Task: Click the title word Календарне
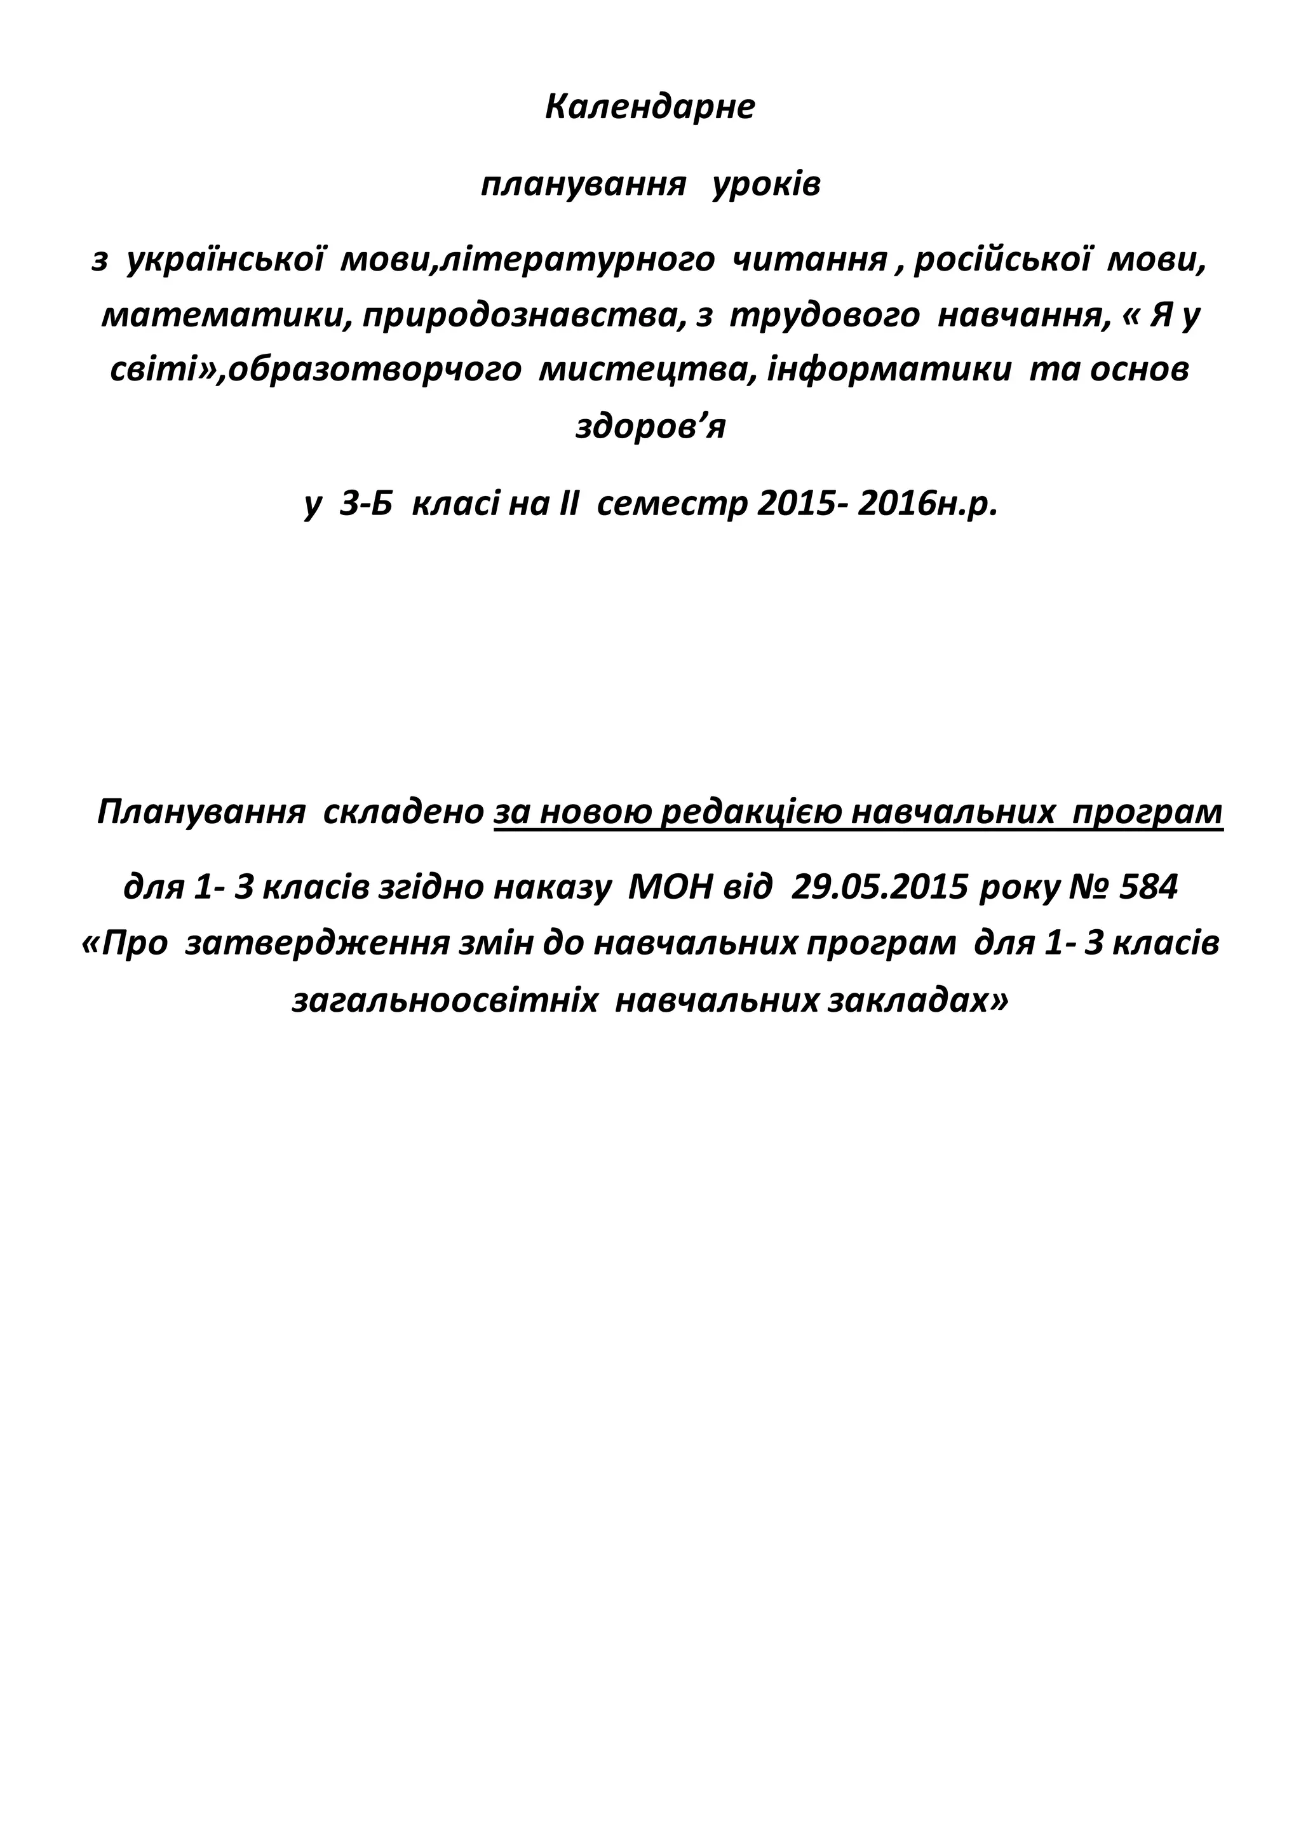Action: point(650,107)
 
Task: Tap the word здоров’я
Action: point(650,426)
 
